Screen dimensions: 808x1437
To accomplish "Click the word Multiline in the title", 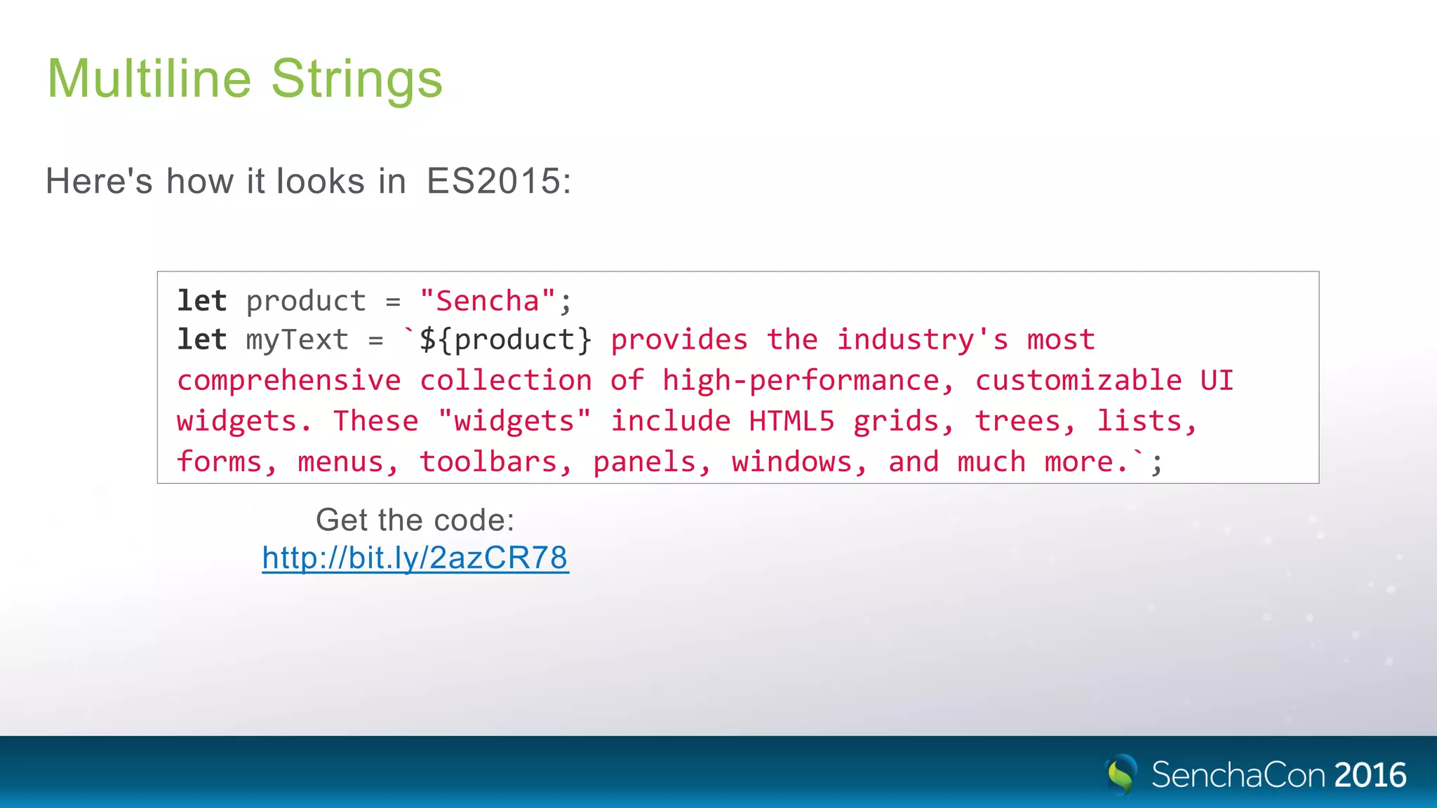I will (149, 79).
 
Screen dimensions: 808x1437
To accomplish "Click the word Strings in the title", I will (356, 80).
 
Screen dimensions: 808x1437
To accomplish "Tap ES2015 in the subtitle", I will (497, 181).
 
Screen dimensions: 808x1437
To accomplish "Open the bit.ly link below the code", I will (415, 558).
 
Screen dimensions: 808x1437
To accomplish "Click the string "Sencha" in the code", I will (488, 301).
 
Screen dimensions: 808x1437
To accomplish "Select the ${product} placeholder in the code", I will (505, 340).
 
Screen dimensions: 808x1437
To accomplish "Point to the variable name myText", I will (297, 340).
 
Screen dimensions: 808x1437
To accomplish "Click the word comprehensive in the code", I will (289, 381).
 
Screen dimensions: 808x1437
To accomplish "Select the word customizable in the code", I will (1078, 381).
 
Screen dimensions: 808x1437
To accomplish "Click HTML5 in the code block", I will (791, 422).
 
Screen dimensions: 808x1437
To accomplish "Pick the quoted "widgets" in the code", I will (514, 422).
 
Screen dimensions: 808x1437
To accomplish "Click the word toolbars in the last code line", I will (495, 462).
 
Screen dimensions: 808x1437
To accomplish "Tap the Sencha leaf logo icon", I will (1121, 774).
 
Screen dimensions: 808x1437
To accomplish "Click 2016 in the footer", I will (1370, 775).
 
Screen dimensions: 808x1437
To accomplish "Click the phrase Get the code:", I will (415, 520).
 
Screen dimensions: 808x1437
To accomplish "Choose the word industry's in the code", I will (923, 340).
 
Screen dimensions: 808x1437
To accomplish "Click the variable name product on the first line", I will (306, 302).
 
